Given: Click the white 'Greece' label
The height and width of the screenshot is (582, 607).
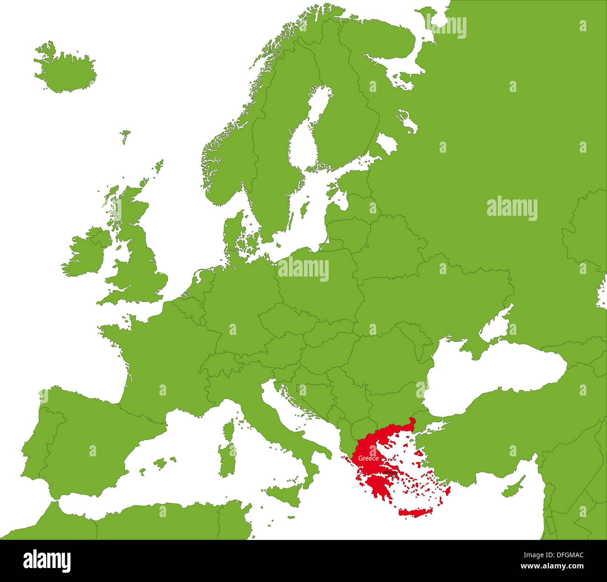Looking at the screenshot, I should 368,459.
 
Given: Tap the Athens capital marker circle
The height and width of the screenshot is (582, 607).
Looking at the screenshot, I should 394,476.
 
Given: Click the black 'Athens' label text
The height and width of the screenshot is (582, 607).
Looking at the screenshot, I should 389,472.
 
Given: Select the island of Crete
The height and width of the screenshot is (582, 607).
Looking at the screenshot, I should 415,513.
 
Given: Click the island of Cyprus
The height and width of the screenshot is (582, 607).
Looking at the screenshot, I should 513,488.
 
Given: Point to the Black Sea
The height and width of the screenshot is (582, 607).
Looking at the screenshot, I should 495,374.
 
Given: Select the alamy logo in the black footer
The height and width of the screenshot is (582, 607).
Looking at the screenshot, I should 47,561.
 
